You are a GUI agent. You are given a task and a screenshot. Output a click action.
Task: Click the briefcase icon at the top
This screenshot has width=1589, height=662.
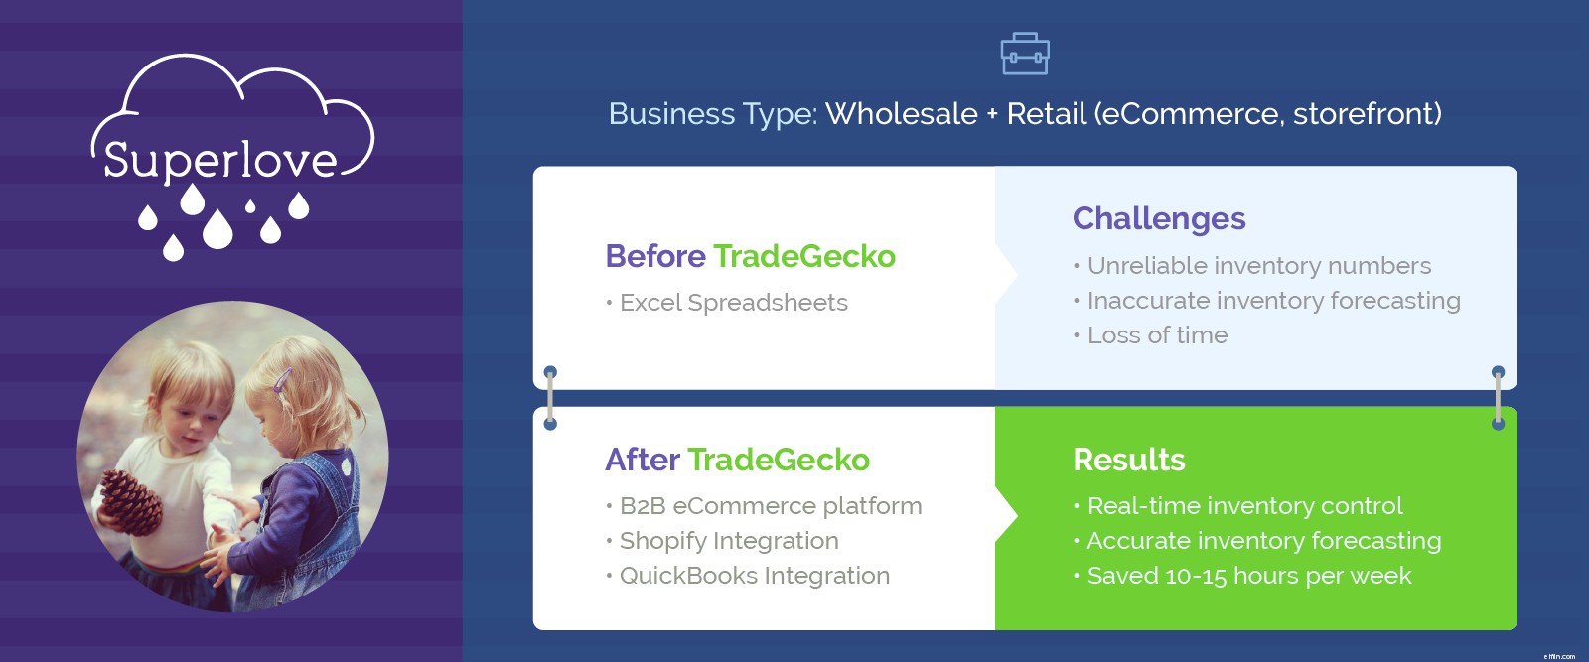tap(1024, 54)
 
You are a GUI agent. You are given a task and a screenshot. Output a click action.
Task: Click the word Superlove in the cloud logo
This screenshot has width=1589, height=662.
tap(219, 160)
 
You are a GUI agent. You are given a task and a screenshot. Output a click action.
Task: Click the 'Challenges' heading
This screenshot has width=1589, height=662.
tap(1159, 219)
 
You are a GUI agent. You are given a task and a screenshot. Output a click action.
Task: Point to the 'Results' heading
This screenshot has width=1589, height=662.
tap(1128, 460)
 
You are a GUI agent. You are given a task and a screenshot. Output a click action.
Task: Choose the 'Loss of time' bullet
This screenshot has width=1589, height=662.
tap(1151, 335)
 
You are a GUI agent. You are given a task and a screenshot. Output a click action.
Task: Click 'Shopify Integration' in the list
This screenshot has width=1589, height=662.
tap(722, 541)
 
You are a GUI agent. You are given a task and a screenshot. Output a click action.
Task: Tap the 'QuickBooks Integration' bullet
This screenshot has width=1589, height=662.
tap(748, 576)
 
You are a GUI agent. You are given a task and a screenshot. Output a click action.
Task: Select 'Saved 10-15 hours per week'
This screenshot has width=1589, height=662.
tap(1242, 576)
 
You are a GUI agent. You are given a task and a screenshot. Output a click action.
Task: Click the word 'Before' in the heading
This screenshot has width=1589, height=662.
tap(655, 256)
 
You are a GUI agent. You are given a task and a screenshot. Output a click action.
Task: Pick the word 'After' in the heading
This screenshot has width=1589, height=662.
tap(643, 460)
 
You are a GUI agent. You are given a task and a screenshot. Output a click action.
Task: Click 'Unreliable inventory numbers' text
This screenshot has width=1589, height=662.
tap(1252, 266)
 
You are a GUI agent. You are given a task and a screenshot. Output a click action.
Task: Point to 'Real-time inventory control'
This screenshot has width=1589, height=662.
tap(1237, 506)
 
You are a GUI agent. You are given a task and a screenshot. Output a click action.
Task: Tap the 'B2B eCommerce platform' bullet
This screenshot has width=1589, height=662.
tap(764, 506)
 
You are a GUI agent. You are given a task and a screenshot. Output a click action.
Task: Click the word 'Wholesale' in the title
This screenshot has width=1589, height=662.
tap(902, 114)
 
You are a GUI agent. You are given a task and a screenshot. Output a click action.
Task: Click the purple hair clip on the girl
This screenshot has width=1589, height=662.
tap(282, 379)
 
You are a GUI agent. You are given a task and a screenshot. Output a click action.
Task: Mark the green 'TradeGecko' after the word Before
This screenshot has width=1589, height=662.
tap(804, 256)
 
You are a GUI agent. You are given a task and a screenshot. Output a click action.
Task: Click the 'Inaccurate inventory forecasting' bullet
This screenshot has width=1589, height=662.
tap(1267, 301)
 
